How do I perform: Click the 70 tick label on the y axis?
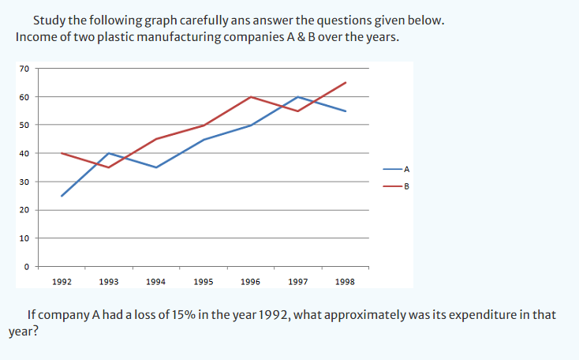pos(24,69)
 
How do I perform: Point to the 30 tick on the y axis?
pos(24,182)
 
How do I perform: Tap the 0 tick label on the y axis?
pos(27,267)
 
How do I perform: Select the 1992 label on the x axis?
pos(62,281)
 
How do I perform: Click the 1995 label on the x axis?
pos(203,281)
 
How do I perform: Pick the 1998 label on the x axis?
pos(345,281)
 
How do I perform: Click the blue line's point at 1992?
pos(62,196)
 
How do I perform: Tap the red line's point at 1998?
pos(346,82)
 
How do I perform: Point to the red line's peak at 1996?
pos(251,96)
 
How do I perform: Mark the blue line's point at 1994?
pos(156,167)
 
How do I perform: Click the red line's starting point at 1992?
pos(62,153)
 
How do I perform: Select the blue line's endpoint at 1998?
pos(346,111)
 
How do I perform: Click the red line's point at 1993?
pos(109,167)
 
